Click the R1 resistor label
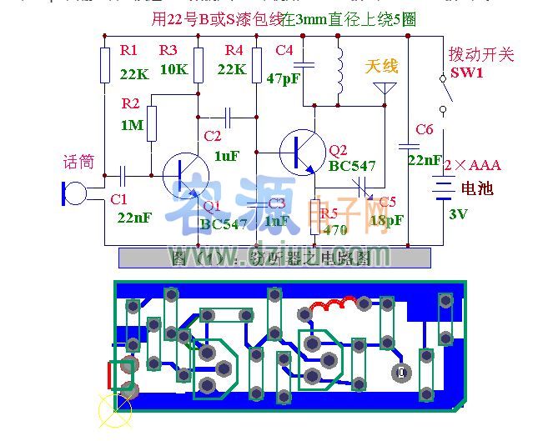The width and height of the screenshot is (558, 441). point(129,52)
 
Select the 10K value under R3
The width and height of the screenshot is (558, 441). point(173,69)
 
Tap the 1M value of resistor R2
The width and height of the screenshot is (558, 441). point(131,124)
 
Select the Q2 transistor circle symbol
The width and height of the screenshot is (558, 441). point(301,151)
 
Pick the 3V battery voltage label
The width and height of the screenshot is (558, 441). point(458,214)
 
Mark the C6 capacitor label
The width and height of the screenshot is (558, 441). point(424,129)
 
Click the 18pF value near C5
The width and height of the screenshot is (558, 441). point(385,220)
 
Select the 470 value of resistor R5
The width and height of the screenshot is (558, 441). point(334,230)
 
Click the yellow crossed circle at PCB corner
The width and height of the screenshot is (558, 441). point(111,409)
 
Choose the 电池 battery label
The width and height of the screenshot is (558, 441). point(477,188)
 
